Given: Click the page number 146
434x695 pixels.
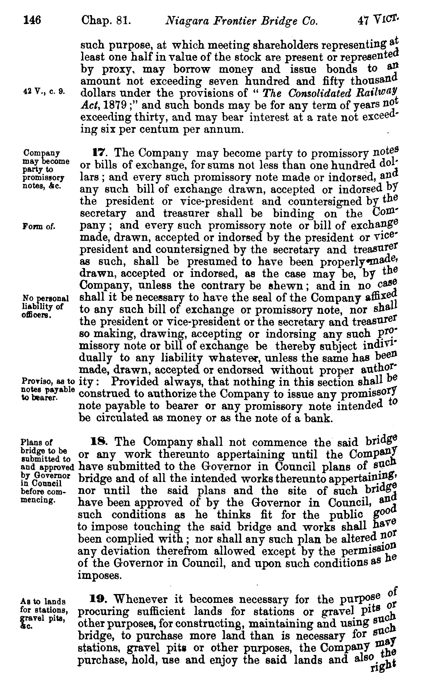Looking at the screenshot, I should [x=32, y=20].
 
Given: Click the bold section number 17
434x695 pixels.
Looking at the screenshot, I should [x=98, y=153].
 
